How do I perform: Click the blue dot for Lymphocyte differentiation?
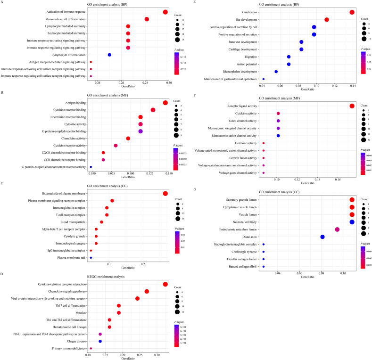[109, 55]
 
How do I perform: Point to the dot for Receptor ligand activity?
[352, 106]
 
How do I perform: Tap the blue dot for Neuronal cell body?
[352, 222]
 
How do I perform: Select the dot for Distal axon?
[322, 237]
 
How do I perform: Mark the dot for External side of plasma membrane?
[165, 193]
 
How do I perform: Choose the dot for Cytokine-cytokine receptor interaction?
[165, 284]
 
